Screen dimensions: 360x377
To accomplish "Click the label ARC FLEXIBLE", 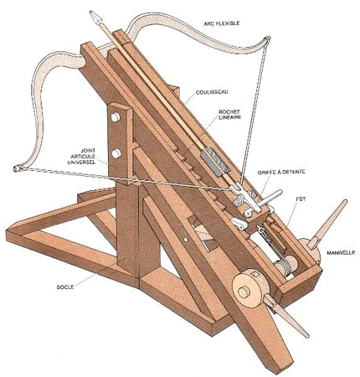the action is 222,23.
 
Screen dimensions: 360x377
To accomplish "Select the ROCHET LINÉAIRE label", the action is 229,115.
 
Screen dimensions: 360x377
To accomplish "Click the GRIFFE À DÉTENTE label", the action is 281,172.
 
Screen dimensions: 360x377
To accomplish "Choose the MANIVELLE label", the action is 341,252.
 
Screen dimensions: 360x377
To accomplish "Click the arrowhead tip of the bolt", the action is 90,12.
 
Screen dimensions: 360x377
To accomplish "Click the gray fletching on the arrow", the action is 215,161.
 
